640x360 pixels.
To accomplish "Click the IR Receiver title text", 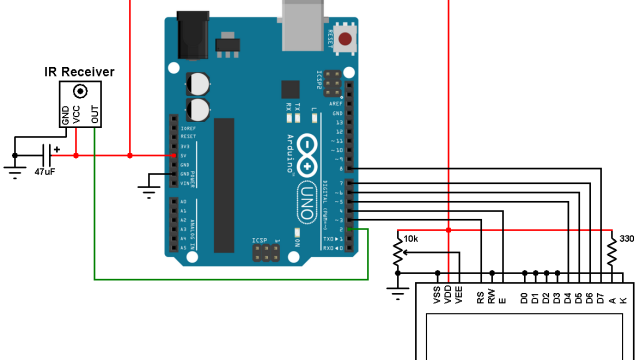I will tap(79, 72).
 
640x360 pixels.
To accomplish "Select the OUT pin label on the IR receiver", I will tap(95, 115).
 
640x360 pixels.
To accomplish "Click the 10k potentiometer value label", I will tap(410, 239).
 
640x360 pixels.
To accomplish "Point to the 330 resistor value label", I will tap(626, 239).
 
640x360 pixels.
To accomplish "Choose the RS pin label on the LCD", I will tap(480, 296).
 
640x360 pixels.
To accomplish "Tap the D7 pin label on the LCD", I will tap(600, 296).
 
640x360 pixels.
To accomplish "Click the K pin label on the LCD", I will tap(623, 298).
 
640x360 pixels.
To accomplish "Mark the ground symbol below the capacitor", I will tap(14, 168).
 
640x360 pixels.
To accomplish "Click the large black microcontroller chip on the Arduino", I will tap(223, 185).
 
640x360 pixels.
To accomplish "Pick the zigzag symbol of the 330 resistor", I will tap(612, 255).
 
